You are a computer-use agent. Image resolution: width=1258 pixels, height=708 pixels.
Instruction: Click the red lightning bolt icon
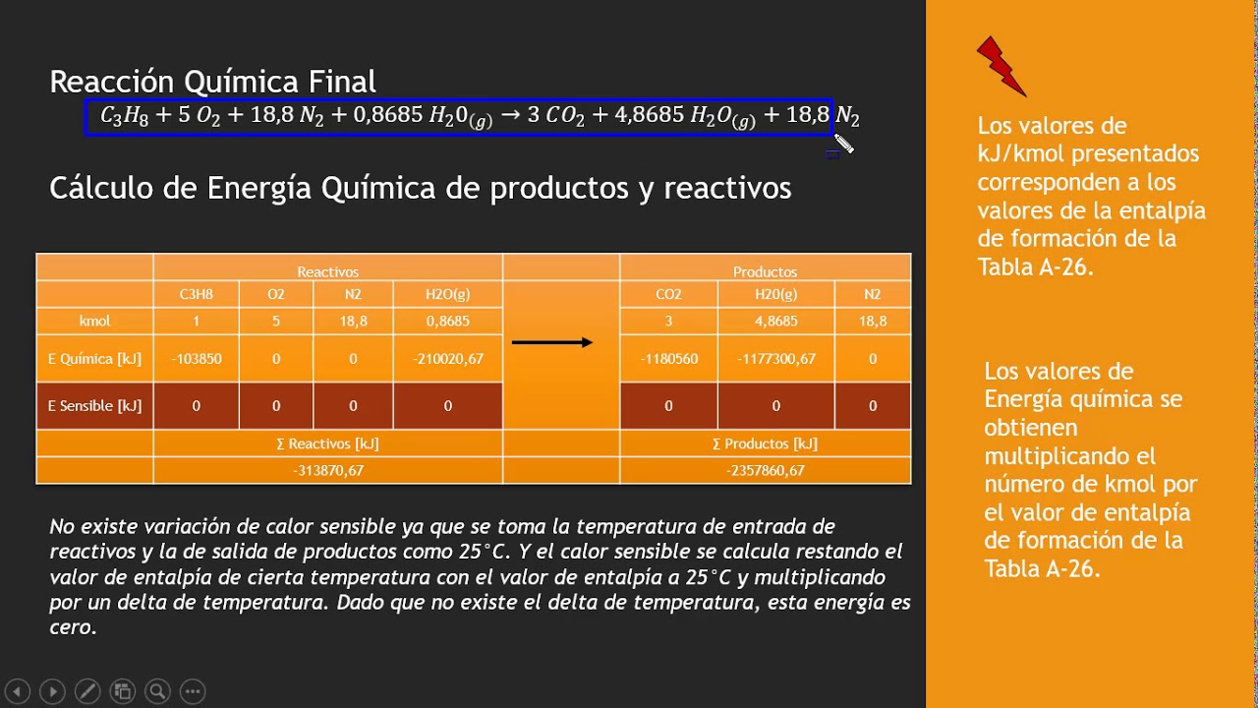tap(1001, 67)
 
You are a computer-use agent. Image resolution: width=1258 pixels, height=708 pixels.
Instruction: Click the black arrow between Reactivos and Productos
tap(552, 342)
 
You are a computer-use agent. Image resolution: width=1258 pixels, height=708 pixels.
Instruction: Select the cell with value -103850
tap(196, 359)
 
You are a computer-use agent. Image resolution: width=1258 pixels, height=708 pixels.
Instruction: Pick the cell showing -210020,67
tap(447, 359)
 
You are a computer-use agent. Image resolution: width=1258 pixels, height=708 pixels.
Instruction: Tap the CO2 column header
tap(668, 294)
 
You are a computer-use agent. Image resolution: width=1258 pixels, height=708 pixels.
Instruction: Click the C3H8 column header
tap(196, 294)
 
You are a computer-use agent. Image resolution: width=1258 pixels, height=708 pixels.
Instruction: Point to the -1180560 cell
tap(668, 359)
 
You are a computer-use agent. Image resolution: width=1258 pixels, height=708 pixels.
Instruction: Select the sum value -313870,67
tap(328, 470)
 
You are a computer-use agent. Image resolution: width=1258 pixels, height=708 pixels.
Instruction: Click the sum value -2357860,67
tap(765, 470)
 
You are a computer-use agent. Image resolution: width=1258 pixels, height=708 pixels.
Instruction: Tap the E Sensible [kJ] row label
tap(94, 406)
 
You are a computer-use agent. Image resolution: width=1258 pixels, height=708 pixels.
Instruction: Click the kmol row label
tap(94, 321)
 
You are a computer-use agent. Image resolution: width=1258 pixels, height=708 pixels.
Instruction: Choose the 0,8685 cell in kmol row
tap(447, 321)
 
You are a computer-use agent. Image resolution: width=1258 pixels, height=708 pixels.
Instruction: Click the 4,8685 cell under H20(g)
tap(775, 321)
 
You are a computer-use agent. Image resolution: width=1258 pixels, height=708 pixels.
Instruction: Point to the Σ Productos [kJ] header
tap(765, 443)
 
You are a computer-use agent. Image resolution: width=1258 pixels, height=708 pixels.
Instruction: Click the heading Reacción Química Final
tap(212, 81)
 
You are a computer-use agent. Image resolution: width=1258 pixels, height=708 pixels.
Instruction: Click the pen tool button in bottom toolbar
tap(86, 691)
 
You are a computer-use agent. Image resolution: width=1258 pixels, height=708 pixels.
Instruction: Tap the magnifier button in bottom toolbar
tap(157, 691)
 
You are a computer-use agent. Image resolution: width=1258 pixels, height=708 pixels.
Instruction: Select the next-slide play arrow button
tap(52, 691)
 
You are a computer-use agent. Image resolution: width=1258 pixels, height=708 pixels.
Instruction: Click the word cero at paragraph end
tap(72, 627)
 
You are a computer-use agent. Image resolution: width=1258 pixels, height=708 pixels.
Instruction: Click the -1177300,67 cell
tap(775, 359)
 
